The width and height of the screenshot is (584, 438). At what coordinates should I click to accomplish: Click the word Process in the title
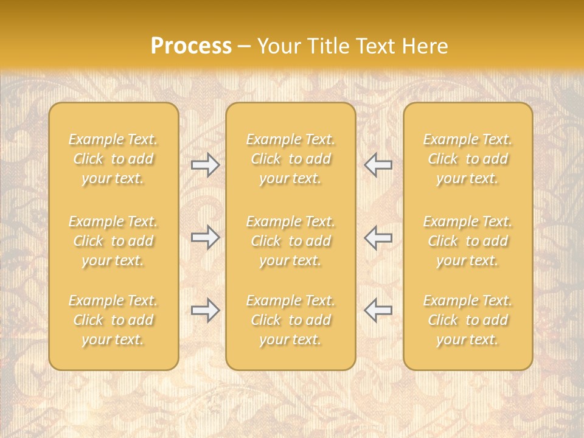[191, 46]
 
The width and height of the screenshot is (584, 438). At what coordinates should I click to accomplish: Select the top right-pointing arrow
[205, 165]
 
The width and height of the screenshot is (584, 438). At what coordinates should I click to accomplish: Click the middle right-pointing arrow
[205, 237]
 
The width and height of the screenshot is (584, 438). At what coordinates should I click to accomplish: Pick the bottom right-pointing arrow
[205, 310]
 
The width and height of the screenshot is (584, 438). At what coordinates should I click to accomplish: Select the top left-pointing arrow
[378, 165]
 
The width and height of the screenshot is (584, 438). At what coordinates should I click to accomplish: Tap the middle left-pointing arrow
[378, 237]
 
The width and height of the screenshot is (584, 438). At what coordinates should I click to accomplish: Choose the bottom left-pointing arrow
[378, 310]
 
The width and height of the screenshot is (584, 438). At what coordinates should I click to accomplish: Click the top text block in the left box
[113, 159]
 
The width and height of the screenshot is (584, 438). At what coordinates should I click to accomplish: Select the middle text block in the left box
[113, 241]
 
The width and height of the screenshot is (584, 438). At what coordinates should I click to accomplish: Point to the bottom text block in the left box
[113, 320]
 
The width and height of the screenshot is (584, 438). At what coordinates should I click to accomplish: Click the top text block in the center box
[291, 159]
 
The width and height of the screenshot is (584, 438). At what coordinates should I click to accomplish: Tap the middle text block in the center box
[291, 241]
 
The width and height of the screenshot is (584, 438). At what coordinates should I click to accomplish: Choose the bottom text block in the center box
[291, 320]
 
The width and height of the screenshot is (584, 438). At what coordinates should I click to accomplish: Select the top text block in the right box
[468, 159]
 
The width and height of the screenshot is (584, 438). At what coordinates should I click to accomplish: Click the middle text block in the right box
[468, 241]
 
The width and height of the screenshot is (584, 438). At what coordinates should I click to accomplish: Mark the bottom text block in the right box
[468, 320]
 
